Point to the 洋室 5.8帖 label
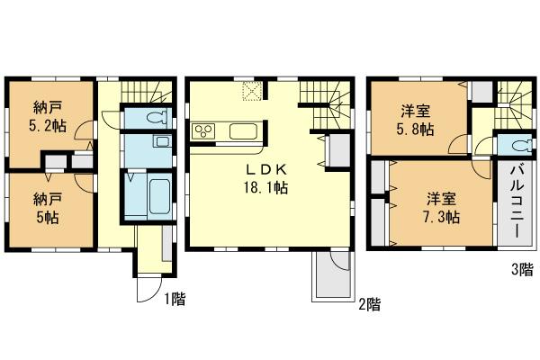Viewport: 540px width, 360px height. pyautogui.click(x=415, y=120)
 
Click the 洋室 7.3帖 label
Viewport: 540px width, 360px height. pyautogui.click(x=440, y=208)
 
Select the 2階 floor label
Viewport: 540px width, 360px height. pyautogui.click(x=367, y=304)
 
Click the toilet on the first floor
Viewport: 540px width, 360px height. pyautogui.click(x=155, y=117)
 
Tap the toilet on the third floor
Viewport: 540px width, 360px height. pyautogui.click(x=519, y=146)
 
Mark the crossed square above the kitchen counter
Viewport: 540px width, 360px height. pyautogui.click(x=253, y=90)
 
